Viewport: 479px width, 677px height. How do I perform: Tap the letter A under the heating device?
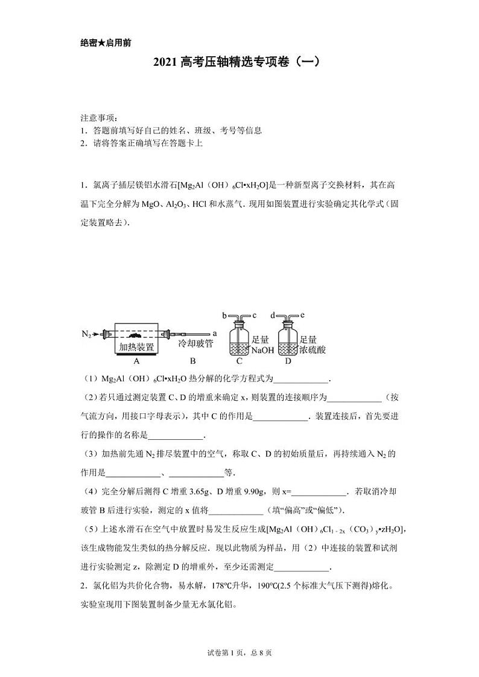136,361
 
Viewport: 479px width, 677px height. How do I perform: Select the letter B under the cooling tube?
192,361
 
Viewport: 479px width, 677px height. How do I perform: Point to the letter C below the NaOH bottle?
239,361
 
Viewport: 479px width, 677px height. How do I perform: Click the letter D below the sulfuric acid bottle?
288,361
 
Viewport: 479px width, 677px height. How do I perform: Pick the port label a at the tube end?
215,333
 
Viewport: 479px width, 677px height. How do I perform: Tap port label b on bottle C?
224,315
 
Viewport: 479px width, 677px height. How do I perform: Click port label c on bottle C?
255,315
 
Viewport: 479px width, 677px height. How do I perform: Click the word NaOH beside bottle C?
262,350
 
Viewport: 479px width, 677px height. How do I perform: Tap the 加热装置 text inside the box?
136,347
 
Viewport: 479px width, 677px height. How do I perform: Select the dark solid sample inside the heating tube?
138,334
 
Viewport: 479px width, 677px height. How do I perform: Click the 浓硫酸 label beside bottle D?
312,350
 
